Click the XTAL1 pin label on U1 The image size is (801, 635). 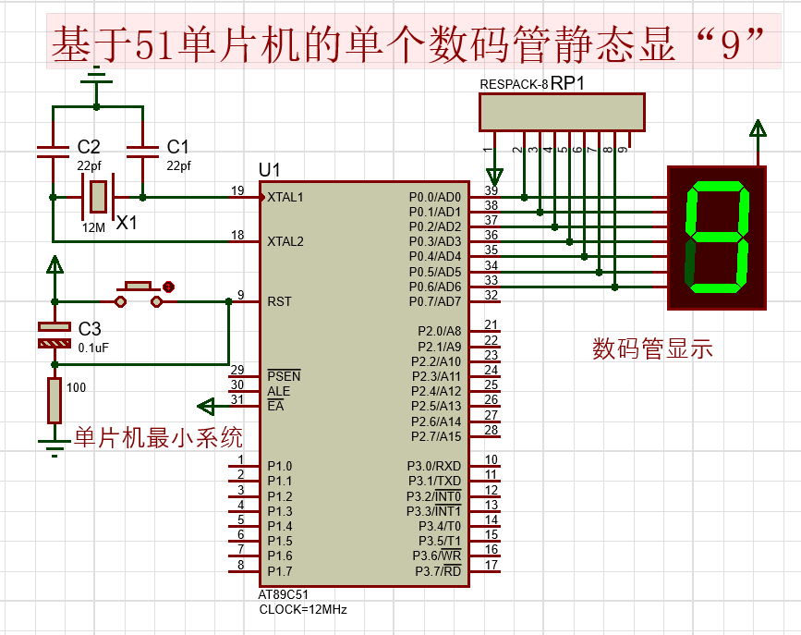click(x=285, y=197)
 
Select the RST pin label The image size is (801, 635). click(x=279, y=301)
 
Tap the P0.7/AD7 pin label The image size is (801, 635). click(x=434, y=301)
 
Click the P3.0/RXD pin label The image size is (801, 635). click(x=433, y=466)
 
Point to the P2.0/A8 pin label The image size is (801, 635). click(x=438, y=331)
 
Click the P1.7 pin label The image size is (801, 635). click(x=279, y=570)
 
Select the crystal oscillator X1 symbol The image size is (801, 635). click(x=96, y=197)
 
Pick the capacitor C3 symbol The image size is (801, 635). click(x=54, y=335)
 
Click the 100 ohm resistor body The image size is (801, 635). click(x=55, y=400)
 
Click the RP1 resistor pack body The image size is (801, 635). click(x=561, y=112)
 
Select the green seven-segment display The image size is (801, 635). click(x=716, y=238)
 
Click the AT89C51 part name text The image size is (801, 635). click(x=285, y=595)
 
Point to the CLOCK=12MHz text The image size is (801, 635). click(x=303, y=609)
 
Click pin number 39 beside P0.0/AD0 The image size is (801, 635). click(x=492, y=189)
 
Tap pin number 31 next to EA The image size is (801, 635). click(x=237, y=399)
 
